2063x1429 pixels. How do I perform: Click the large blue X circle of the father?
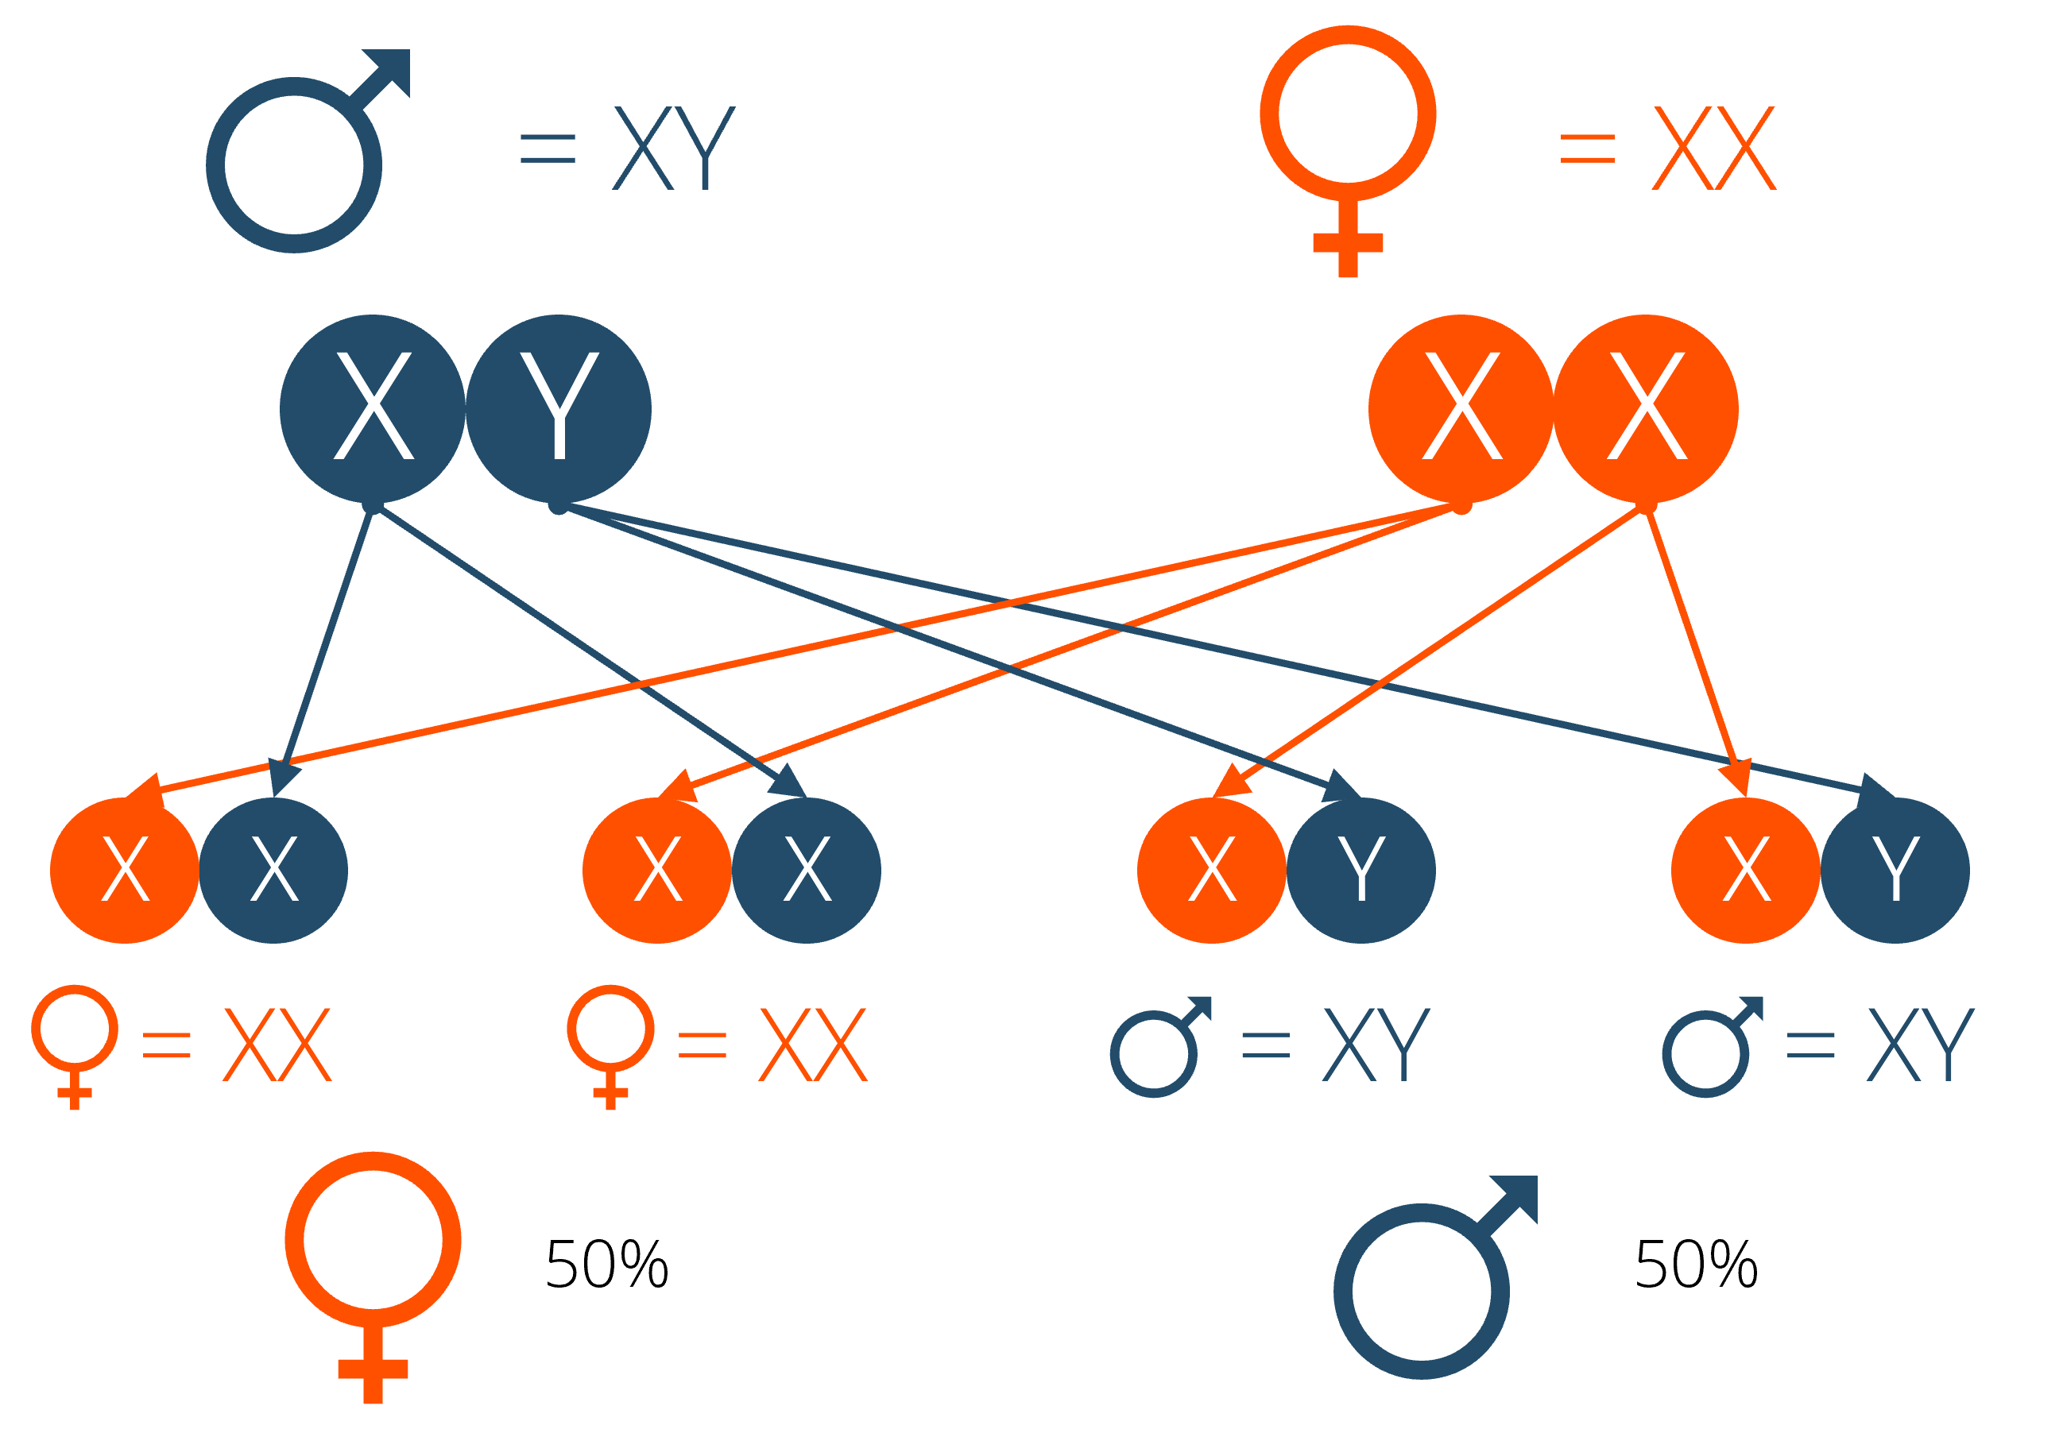coord(372,408)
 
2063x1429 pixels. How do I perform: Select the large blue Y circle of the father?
coord(558,408)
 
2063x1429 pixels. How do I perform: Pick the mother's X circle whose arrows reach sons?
coord(1646,408)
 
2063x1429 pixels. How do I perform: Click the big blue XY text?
coord(674,148)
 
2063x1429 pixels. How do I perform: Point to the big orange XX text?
coord(1713,148)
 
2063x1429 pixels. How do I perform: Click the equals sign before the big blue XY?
coord(548,149)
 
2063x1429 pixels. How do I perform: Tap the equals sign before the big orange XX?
coord(1587,149)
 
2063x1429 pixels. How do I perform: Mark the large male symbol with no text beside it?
coord(1422,1290)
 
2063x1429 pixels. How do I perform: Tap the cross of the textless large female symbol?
coord(373,1369)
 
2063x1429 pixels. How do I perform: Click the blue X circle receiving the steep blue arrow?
coord(273,870)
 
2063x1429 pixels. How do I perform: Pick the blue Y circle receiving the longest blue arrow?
coord(1895,870)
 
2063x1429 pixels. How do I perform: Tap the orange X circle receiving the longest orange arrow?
coord(125,870)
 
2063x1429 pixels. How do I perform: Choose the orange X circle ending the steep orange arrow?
coord(1745,870)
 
